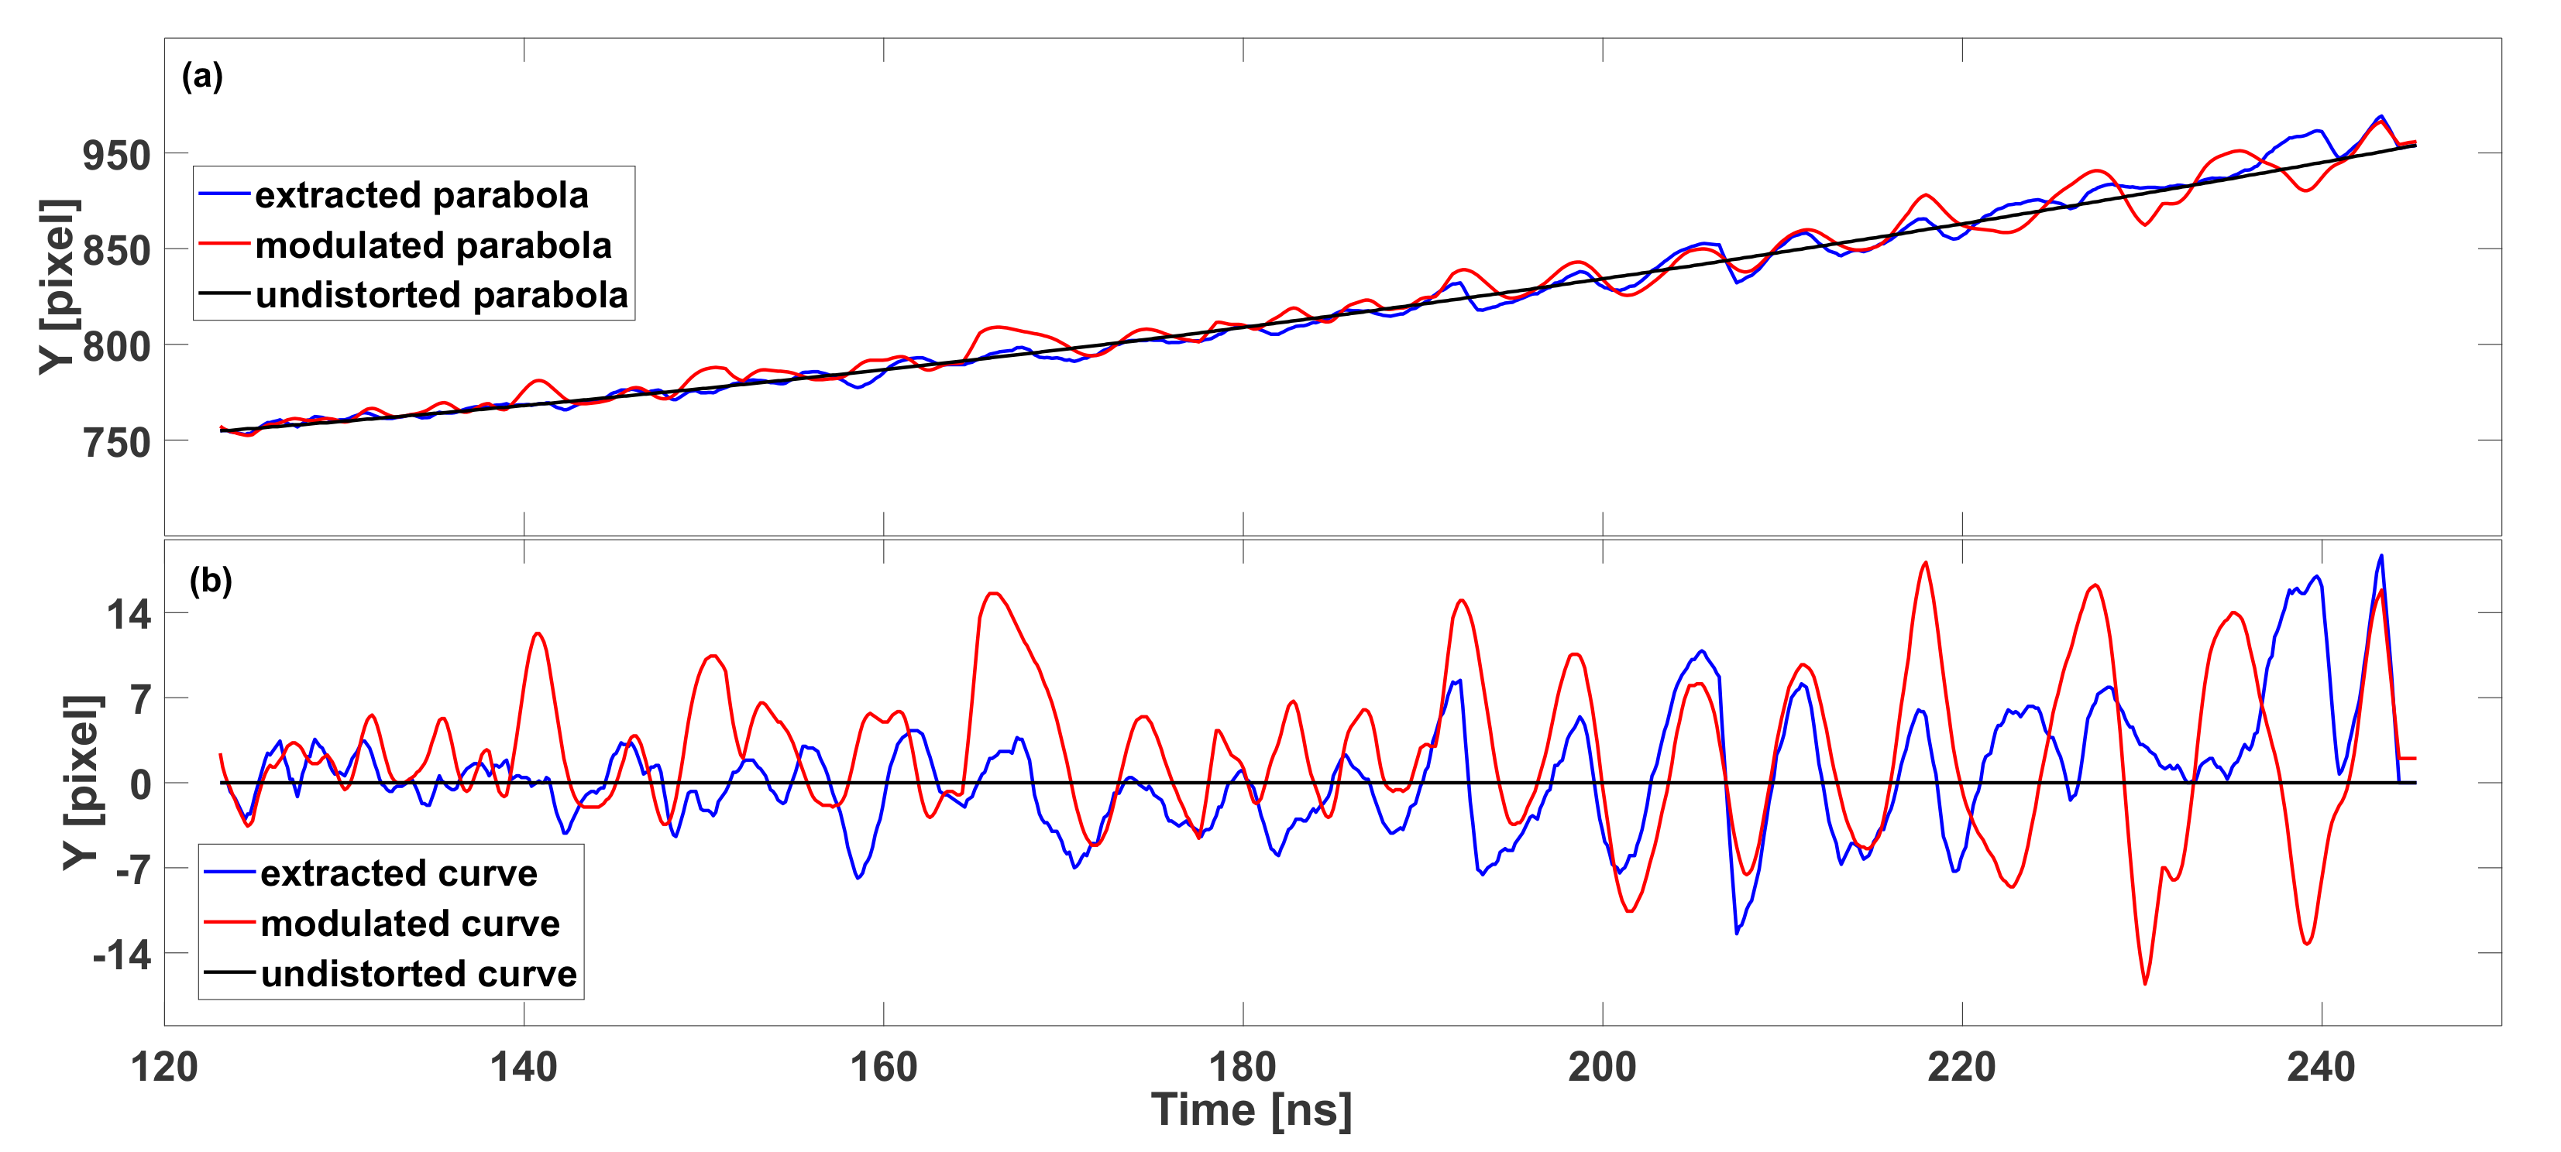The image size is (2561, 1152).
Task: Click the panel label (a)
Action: pos(202,77)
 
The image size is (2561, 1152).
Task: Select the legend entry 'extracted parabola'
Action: pos(421,195)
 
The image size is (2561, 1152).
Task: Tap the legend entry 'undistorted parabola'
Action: pos(442,295)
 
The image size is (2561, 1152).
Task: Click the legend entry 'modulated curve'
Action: pos(410,924)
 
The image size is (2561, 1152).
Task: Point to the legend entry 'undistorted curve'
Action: pos(418,974)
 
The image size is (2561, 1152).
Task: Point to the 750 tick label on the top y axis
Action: pos(116,441)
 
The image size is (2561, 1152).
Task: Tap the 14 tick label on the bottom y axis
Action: pos(129,614)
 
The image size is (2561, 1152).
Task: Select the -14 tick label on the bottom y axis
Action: pos(122,955)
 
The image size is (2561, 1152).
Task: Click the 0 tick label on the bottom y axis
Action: pos(140,784)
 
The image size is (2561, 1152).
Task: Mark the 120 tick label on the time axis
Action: pos(164,1068)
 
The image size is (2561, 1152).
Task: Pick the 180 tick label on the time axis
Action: pos(1242,1068)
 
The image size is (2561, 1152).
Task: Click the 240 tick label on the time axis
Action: pos(2320,1068)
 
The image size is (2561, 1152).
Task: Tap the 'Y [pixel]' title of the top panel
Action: pos(57,286)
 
